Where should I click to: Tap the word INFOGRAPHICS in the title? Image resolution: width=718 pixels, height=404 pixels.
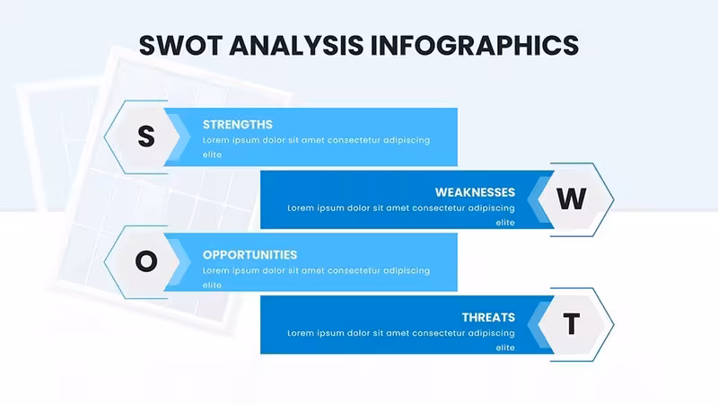pos(475,46)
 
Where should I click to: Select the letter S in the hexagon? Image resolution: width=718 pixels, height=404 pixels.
pos(146,136)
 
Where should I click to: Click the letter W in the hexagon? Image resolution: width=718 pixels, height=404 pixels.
pos(572,198)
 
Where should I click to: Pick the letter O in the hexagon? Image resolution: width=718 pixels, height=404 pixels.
pos(146,261)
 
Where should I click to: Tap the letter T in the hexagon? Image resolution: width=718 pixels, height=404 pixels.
pos(572,324)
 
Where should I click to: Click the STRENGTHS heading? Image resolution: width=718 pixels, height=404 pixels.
pos(238,125)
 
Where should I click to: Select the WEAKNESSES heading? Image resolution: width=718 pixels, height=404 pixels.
pos(475,192)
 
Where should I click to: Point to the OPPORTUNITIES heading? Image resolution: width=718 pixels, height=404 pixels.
pos(250,255)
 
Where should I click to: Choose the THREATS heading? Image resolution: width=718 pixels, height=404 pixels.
pos(488,318)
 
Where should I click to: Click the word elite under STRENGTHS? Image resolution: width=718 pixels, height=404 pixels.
pos(212,154)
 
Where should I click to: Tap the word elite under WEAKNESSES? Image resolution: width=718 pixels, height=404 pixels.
pos(505,223)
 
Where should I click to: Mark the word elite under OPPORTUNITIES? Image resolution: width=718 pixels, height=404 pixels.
pos(212,285)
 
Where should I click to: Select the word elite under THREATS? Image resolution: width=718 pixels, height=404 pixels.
pos(505,347)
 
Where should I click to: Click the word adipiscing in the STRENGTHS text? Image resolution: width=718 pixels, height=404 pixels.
pos(407,140)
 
